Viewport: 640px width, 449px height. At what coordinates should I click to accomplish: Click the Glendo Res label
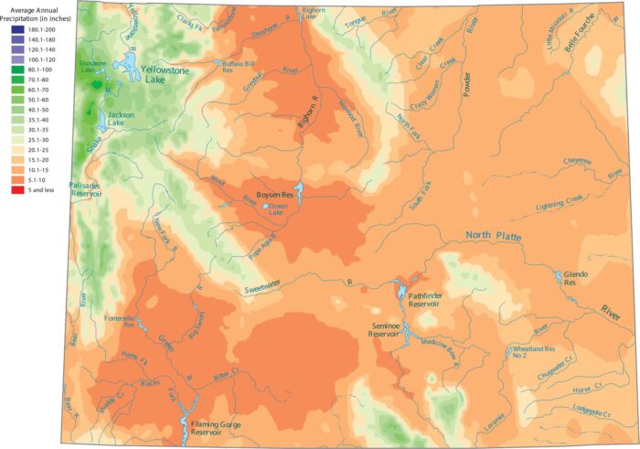[575, 278]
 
